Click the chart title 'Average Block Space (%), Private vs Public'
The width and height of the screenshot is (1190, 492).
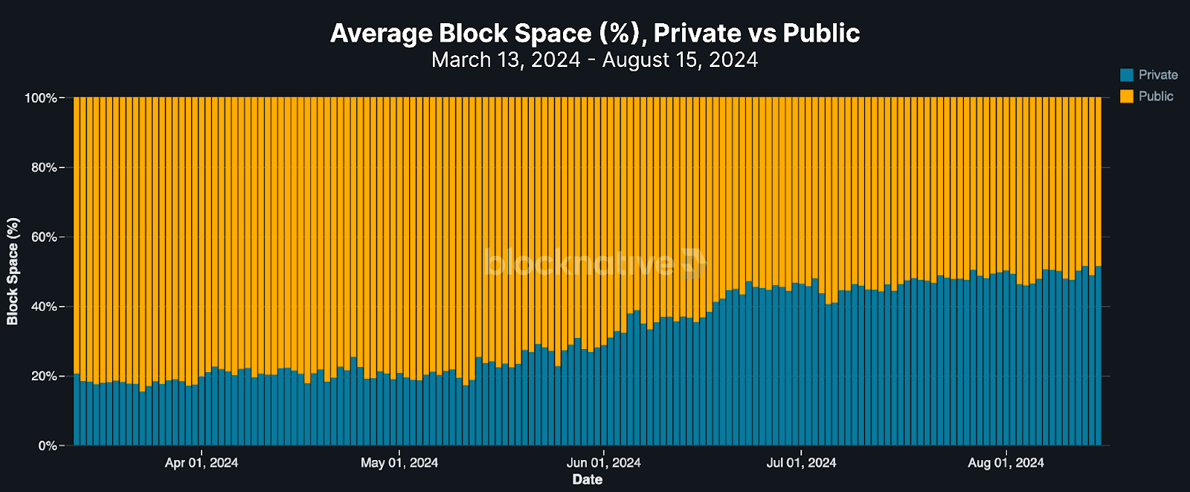pos(595,33)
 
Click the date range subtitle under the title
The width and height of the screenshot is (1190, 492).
pos(595,60)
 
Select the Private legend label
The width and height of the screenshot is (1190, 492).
pos(1158,74)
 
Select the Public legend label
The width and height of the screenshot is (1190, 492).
pos(1156,96)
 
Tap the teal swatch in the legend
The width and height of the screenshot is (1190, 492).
pos(1127,74)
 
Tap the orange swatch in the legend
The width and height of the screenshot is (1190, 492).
pos(1127,96)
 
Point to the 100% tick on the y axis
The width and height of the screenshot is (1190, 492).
pos(41,98)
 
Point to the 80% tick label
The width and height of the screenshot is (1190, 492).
pos(44,167)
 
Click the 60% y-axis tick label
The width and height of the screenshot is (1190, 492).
pos(44,237)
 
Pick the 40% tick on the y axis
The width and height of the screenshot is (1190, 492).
pos(44,307)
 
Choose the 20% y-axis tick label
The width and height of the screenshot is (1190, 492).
pos(44,377)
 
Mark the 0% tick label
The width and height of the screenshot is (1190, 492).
pos(48,446)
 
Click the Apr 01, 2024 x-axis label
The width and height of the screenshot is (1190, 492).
pos(202,463)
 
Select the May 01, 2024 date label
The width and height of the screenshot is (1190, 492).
pos(399,463)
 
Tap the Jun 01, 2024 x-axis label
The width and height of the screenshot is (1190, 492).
pos(603,463)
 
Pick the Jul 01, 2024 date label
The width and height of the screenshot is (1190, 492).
pos(801,463)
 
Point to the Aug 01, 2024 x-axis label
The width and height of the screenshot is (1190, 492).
pos(1006,463)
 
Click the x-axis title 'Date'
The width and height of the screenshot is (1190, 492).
pos(588,479)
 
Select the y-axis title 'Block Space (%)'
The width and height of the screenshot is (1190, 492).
pos(13,272)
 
